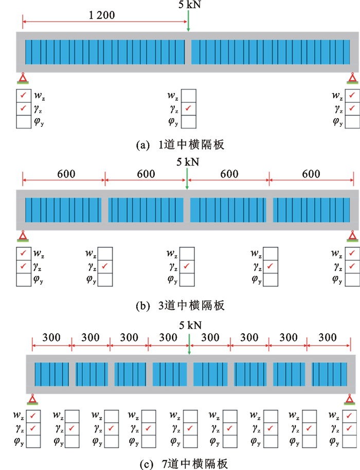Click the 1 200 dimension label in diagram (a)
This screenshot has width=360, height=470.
(x=103, y=15)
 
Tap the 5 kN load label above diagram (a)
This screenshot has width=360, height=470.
(x=188, y=6)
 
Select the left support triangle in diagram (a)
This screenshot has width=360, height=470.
(x=23, y=78)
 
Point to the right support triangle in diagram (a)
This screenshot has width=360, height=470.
(x=352, y=78)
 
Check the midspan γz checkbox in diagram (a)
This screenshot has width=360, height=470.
(x=189, y=109)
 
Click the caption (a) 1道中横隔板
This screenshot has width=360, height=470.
(x=180, y=146)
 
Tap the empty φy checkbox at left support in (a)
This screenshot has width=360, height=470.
(x=23, y=122)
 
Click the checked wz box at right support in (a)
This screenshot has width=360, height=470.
(x=352, y=95)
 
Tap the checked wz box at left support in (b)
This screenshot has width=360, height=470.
(x=23, y=253)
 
